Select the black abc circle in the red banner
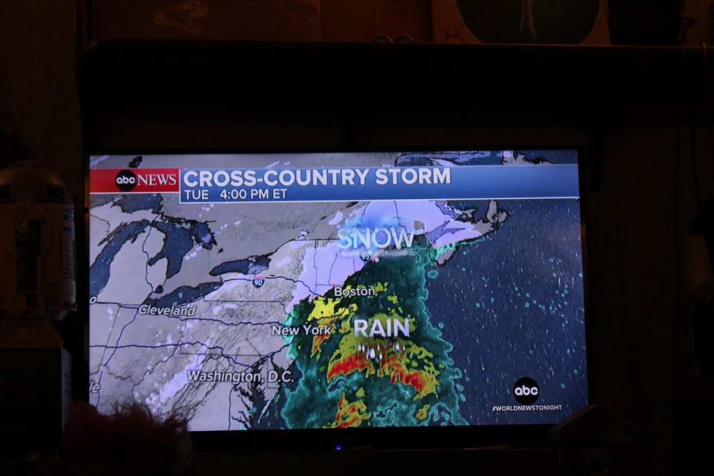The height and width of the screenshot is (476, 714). coord(126,180)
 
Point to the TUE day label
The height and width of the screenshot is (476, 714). coord(196,194)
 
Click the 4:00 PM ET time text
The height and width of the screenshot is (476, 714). coord(253,194)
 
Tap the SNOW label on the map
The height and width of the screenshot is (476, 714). coord(376,239)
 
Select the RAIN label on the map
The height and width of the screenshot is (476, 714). coord(381,328)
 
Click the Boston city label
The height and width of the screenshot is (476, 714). coord(355,292)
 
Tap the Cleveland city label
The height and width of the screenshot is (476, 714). coord(167,310)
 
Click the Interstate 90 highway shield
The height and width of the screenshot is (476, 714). coord(258,281)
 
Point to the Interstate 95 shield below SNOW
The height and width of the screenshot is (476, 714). coord(364,255)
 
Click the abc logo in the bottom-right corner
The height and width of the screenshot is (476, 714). coord(526,391)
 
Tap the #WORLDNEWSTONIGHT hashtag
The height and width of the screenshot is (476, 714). coord(527,408)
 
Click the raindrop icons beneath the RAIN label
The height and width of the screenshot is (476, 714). coord(381,350)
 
